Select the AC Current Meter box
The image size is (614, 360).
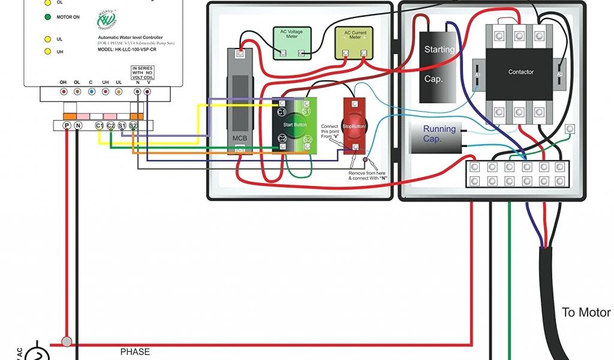[354, 43]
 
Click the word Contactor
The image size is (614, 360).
[520, 72]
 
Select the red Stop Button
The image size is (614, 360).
[354, 126]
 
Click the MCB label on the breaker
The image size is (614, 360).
[240, 138]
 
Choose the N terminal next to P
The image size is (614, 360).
[77, 125]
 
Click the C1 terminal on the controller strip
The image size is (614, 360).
[100, 125]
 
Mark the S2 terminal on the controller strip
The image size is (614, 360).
[133, 125]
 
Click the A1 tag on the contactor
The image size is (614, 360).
[478, 74]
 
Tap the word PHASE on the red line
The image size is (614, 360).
[135, 352]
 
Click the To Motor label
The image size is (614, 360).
[586, 313]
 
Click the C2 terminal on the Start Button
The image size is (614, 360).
[281, 139]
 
